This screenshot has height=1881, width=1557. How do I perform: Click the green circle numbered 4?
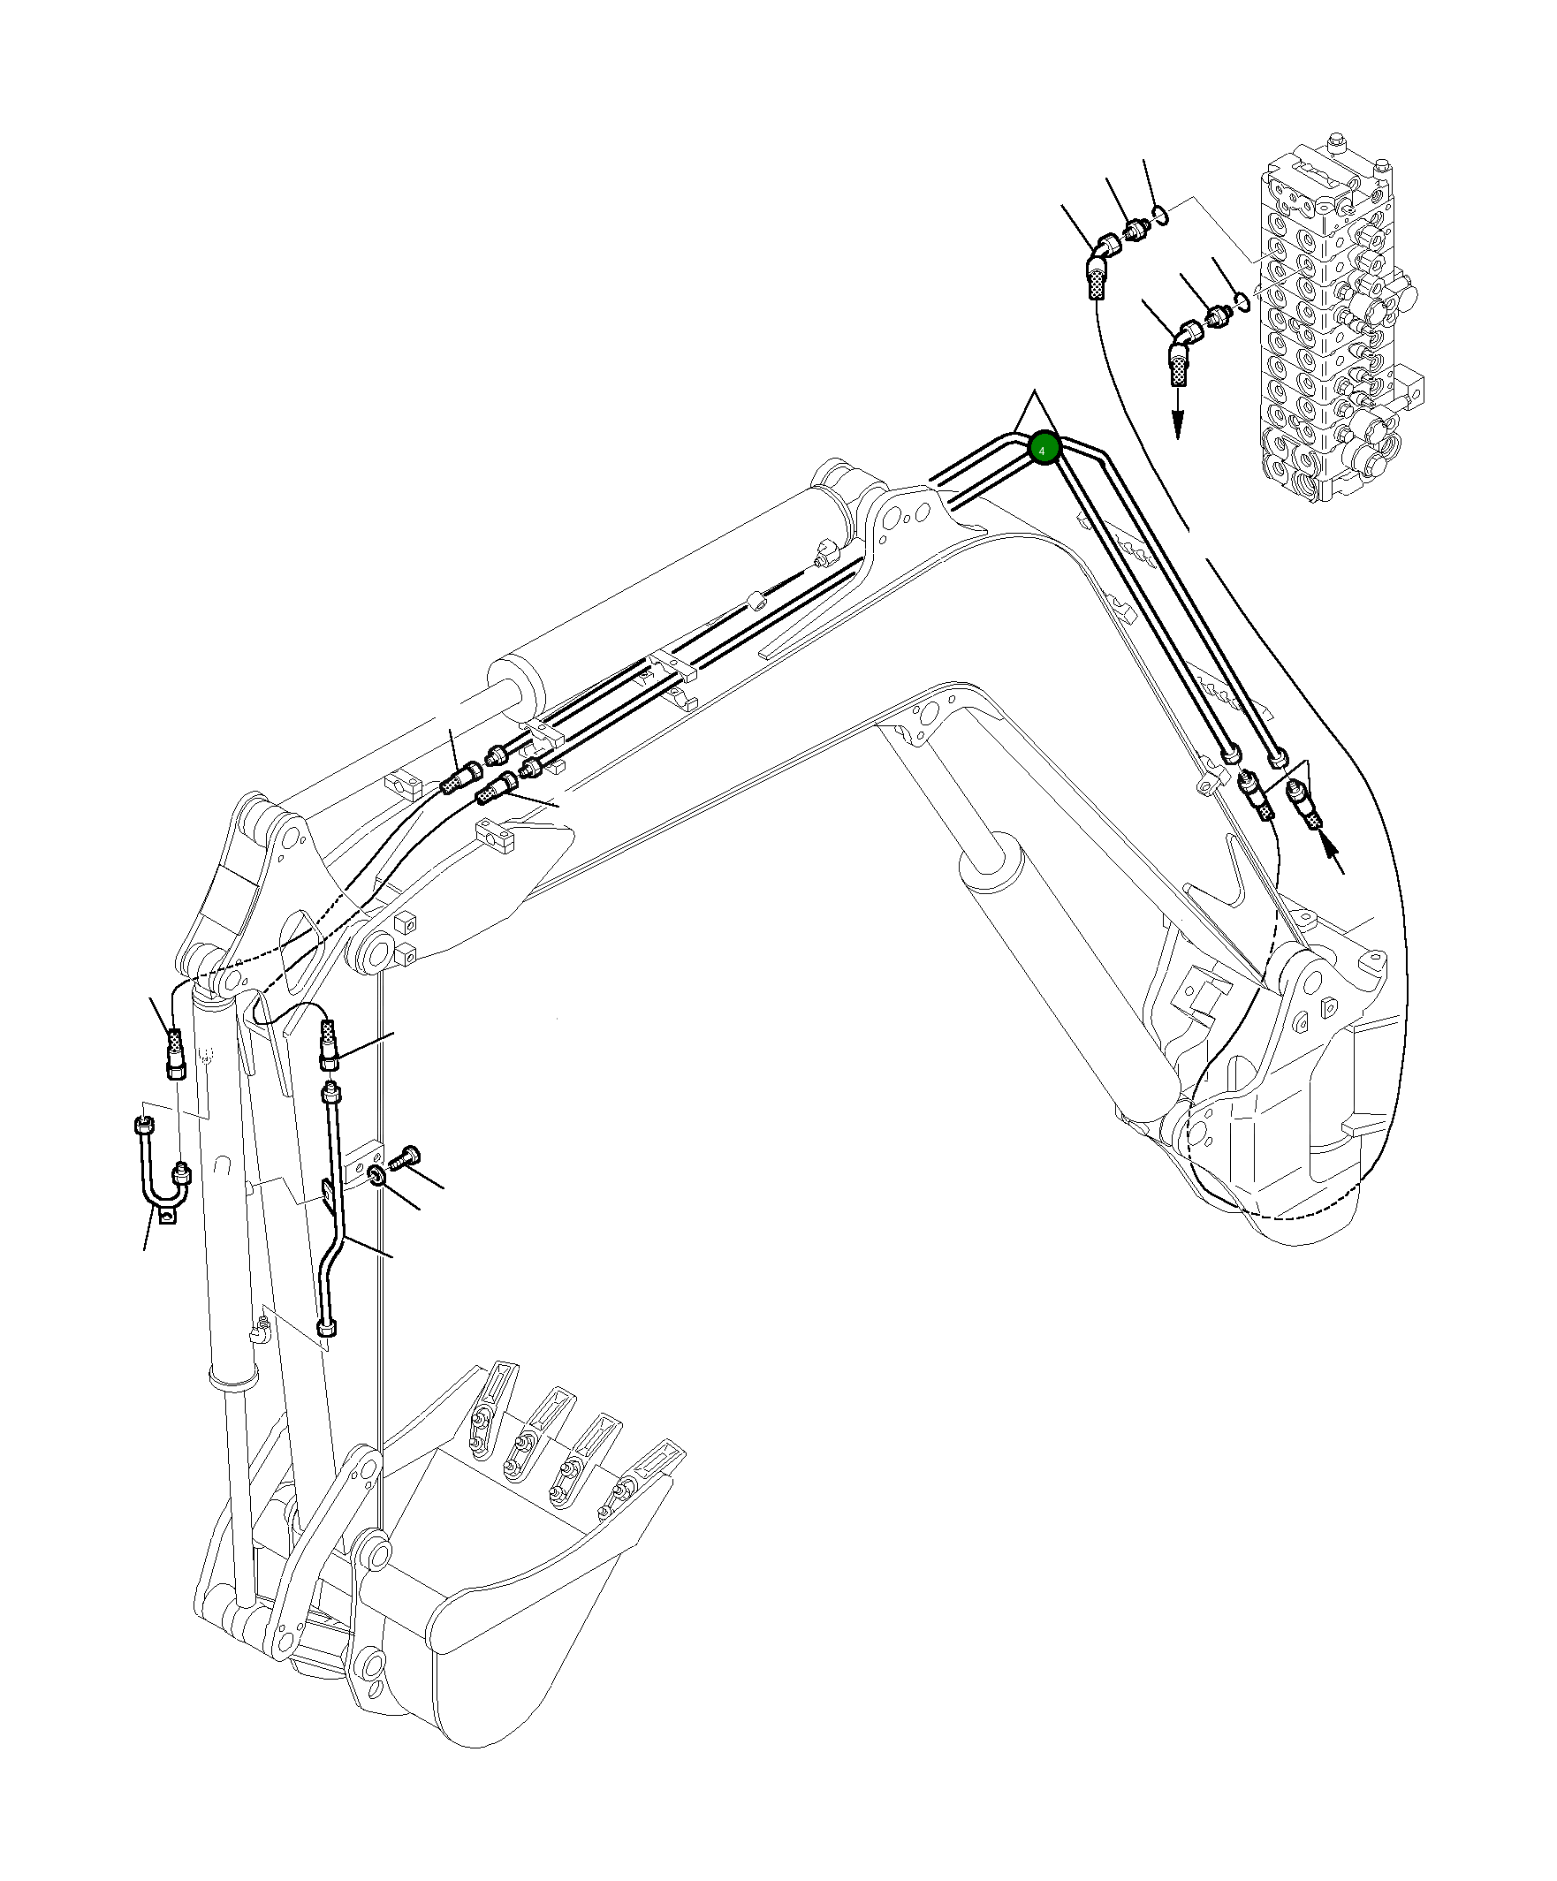[x=1044, y=448]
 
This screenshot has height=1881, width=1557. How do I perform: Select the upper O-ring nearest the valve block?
[x=1160, y=215]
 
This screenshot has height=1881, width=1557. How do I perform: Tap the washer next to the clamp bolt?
[x=377, y=1176]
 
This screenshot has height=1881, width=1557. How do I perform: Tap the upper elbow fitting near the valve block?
[x=1107, y=244]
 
